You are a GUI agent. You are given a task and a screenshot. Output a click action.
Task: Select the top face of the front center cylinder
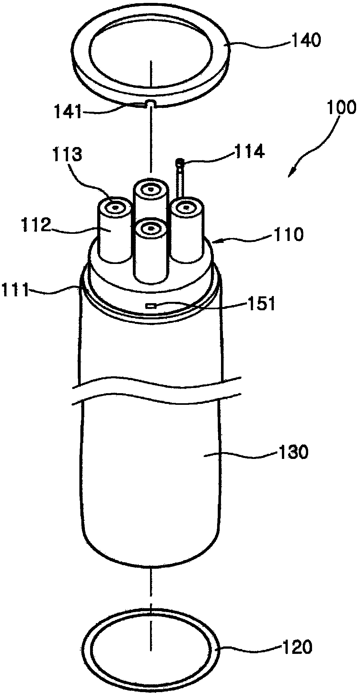pyautogui.click(x=150, y=228)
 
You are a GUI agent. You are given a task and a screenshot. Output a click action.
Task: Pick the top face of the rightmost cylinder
pyautogui.click(x=186, y=208)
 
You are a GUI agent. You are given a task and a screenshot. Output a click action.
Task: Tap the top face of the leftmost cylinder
pyautogui.click(x=115, y=207)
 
